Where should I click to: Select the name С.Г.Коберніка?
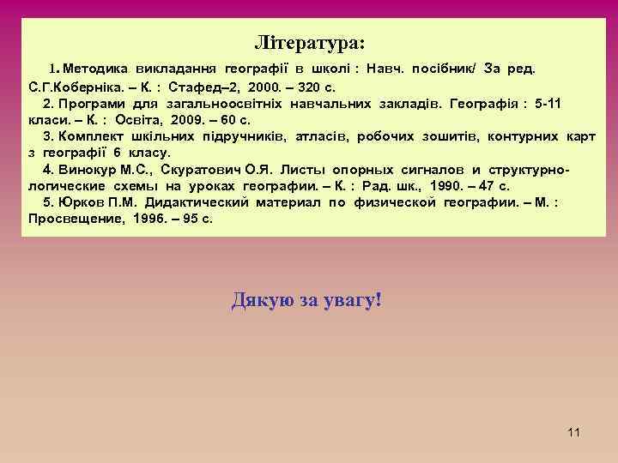pos(71,87)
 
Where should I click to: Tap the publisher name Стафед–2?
pos(200,87)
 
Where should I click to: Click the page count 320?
pos(311,87)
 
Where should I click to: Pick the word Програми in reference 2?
pos(92,104)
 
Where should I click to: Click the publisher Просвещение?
pos(72,219)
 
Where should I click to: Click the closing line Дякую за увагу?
pos(307,301)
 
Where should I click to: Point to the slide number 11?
pos(574,432)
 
